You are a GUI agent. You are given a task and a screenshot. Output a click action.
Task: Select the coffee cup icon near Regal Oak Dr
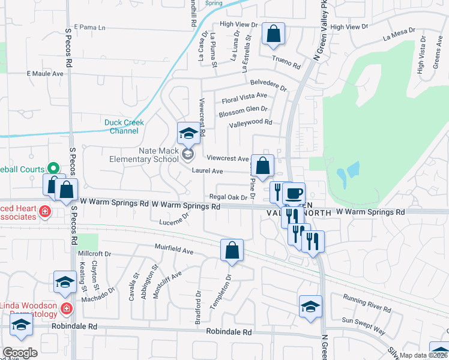[x=294, y=194]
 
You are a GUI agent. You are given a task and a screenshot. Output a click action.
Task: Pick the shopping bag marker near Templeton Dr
[x=232, y=250]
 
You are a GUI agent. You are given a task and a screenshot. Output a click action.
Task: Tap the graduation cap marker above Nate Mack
[x=188, y=133]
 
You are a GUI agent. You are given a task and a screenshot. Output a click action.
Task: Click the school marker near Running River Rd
[x=310, y=306]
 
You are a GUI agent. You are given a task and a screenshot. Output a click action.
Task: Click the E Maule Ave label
[x=45, y=74]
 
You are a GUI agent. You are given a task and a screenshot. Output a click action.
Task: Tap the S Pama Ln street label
[x=85, y=28]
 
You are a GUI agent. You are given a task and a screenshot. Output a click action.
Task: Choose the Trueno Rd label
[x=285, y=59]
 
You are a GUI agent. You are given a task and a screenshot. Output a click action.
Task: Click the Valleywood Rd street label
[x=250, y=123]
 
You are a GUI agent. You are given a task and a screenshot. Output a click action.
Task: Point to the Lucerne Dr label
[x=175, y=222]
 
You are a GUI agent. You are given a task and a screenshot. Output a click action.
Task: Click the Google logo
[x=19, y=353]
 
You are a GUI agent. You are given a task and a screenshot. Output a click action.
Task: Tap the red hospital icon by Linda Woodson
[x=66, y=310]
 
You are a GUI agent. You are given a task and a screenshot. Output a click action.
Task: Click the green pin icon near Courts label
[x=52, y=170]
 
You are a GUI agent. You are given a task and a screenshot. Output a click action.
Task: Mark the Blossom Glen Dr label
[x=243, y=110]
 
